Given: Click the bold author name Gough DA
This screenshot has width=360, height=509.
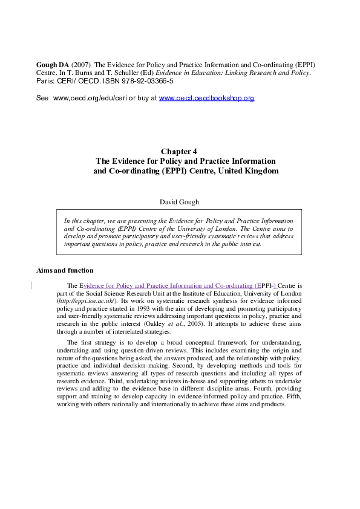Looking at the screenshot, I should [x=53, y=64].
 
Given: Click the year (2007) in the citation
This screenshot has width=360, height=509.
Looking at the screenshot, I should [x=82, y=64].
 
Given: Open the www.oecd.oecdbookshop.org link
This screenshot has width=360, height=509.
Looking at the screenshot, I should [x=206, y=98].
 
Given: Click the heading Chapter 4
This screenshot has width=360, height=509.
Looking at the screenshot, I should [x=179, y=152].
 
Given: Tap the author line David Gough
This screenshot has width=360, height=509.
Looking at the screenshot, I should [x=179, y=203].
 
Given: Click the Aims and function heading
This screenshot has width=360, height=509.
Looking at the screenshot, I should [x=65, y=270].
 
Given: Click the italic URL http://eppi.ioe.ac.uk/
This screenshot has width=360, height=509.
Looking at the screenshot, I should [x=87, y=300].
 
